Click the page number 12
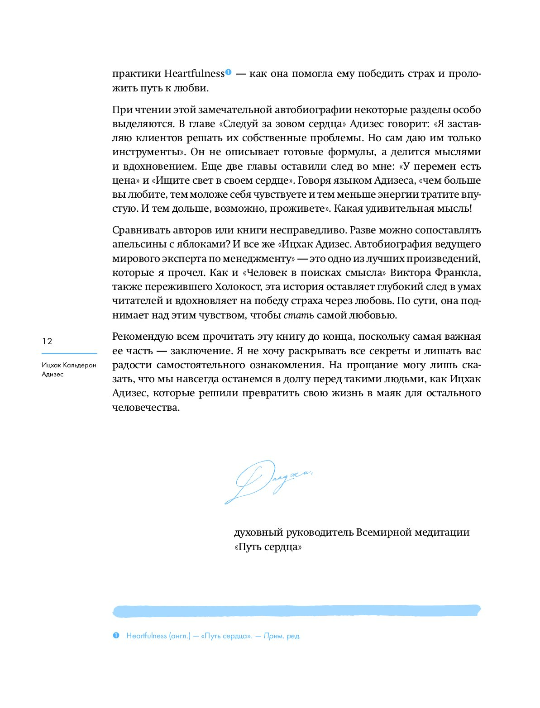click(47, 341)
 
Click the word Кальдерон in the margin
click(80, 365)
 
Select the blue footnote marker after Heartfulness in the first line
click(228, 72)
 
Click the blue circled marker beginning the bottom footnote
click(116, 636)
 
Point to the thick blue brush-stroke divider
click(296, 611)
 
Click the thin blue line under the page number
click(69, 353)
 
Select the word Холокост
click(239, 287)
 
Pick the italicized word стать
click(298, 315)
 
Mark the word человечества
click(146, 407)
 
